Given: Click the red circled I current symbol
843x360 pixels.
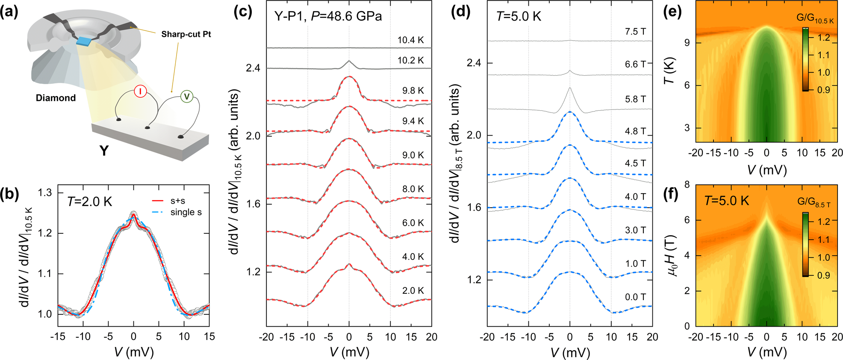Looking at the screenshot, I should pyautogui.click(x=140, y=91).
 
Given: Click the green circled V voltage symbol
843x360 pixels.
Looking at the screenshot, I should pyautogui.click(x=186, y=97).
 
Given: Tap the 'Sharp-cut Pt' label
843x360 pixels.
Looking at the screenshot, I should pyautogui.click(x=186, y=34).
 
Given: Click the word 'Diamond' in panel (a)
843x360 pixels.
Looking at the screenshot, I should pyautogui.click(x=56, y=98).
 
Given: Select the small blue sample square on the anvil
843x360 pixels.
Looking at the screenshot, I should pyautogui.click(x=84, y=41).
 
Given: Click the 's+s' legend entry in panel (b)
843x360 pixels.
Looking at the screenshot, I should pyautogui.click(x=177, y=201).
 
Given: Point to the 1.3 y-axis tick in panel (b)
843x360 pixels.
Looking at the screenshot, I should pyautogui.click(x=45, y=193).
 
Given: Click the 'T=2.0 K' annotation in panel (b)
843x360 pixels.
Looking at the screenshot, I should pyautogui.click(x=89, y=201).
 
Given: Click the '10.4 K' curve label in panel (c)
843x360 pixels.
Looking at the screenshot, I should pyautogui.click(x=410, y=40).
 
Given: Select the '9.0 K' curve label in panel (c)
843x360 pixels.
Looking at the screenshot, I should pyautogui.click(x=413, y=155).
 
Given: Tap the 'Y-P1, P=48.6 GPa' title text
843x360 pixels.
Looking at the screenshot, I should pyautogui.click(x=328, y=16).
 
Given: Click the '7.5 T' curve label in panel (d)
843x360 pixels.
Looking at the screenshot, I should pyautogui.click(x=635, y=32).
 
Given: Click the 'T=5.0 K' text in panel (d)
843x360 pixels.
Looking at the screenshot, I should pyautogui.click(x=519, y=16).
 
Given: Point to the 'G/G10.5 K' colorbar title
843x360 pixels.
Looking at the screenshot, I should pyautogui.click(x=815, y=18).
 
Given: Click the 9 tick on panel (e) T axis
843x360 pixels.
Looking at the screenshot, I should pyautogui.click(x=687, y=43).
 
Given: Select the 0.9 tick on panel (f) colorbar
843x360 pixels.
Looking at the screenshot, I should pyautogui.click(x=823, y=275).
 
